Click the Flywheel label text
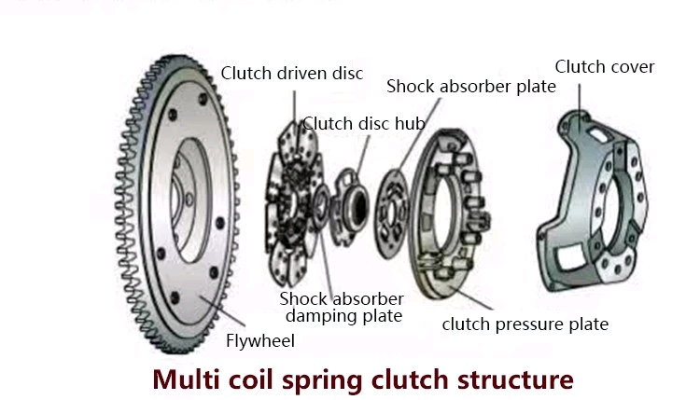click(260, 341)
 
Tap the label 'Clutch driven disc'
click(292, 74)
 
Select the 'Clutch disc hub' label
click(364, 123)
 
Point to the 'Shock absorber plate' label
click(471, 86)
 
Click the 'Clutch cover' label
click(605, 67)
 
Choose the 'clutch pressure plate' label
click(525, 324)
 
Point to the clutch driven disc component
click(293, 204)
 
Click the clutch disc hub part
click(351, 206)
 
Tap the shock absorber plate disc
click(391, 214)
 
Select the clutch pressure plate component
click(449, 214)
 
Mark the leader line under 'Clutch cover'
click(580, 103)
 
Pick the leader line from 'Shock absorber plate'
click(418, 134)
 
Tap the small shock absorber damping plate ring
click(320, 207)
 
